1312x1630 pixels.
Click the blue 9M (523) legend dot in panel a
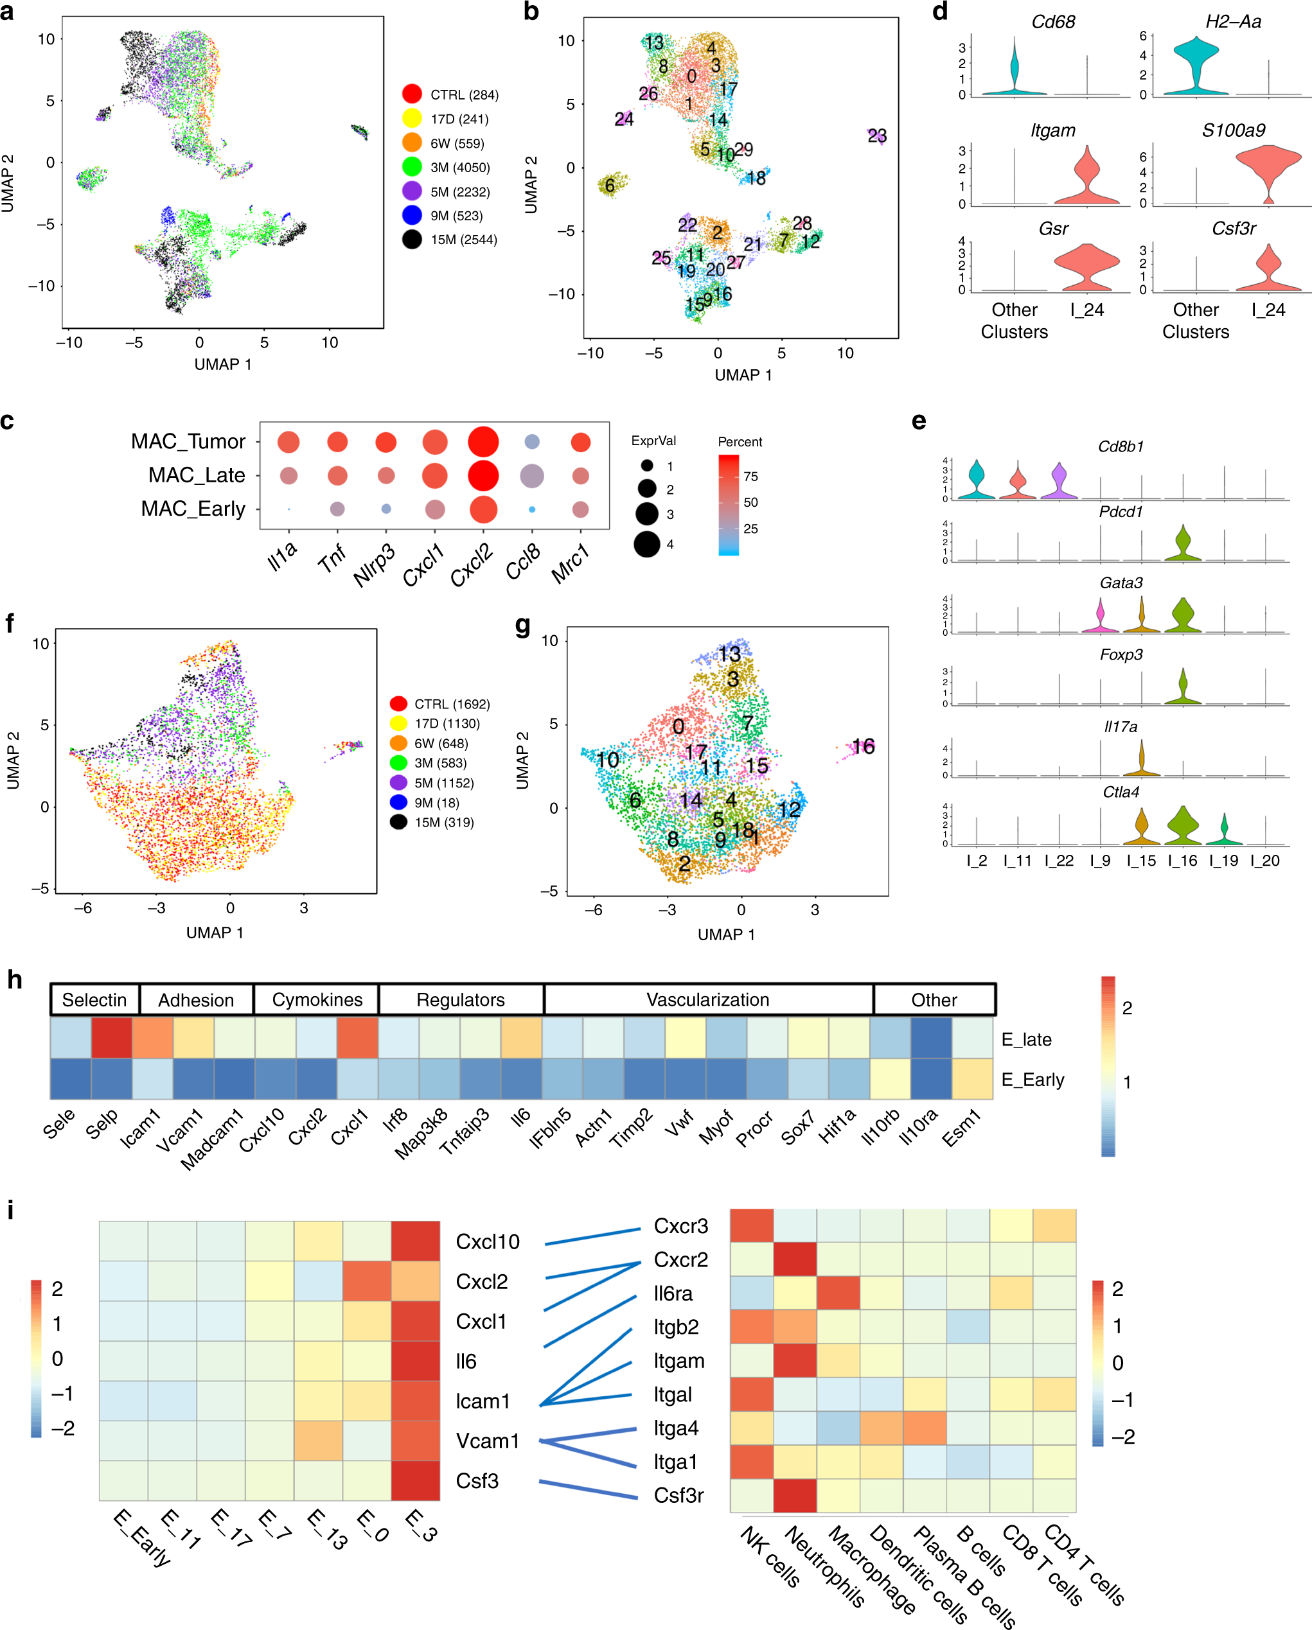tap(411, 215)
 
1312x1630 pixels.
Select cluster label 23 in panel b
tap(876, 136)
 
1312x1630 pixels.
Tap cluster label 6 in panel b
tap(610, 185)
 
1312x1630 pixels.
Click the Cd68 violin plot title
tap(1052, 22)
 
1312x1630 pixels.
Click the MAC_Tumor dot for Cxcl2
tap(483, 443)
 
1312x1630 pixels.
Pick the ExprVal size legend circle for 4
tap(647, 543)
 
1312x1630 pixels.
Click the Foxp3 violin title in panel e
tap(1120, 654)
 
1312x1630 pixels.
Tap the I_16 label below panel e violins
tap(1183, 861)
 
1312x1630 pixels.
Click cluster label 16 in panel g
tap(863, 746)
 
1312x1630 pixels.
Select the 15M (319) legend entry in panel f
tap(443, 823)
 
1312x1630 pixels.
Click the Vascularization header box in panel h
tap(708, 999)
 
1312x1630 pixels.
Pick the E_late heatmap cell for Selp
tap(111, 1037)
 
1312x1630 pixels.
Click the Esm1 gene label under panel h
tap(962, 1127)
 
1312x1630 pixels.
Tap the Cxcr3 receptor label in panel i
tap(680, 1226)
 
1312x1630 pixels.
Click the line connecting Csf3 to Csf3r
tap(589, 1489)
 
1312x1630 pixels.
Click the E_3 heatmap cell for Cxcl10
tap(415, 1241)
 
